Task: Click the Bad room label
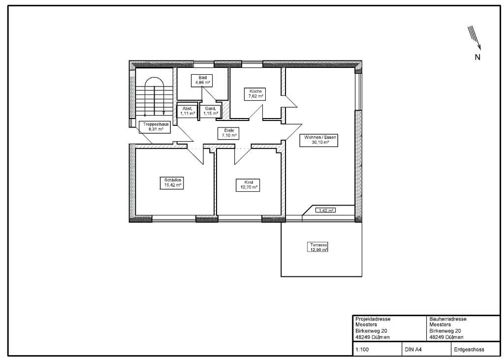[202, 80]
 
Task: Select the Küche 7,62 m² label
[255, 94]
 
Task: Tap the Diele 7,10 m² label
[229, 133]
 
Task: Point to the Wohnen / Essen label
[318, 140]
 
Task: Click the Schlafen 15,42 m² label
[172, 183]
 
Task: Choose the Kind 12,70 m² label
[248, 185]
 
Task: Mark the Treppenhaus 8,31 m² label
[156, 127]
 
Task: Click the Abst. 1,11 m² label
[187, 111]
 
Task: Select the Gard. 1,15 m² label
[211, 111]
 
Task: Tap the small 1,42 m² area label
[325, 210]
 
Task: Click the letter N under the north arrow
[477, 57]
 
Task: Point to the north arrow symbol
[474, 38]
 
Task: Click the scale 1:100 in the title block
[362, 349]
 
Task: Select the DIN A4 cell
[412, 349]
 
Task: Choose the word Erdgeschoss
[469, 349]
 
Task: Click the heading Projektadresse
[373, 319]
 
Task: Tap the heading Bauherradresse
[448, 319]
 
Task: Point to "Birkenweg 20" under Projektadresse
[371, 331]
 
